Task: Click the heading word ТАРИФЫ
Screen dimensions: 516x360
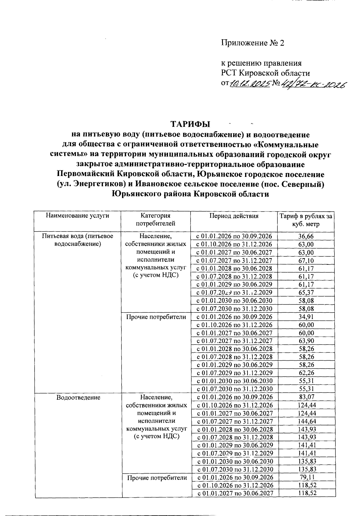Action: point(190,124)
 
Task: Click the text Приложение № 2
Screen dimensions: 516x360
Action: point(252,43)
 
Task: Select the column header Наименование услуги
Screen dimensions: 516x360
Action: point(77,216)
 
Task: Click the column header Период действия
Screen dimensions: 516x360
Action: point(234,216)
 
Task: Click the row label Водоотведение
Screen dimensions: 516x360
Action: point(78,398)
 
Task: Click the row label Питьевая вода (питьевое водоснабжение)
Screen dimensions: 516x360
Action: point(77,240)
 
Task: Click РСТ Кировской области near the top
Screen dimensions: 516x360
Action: point(265,73)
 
